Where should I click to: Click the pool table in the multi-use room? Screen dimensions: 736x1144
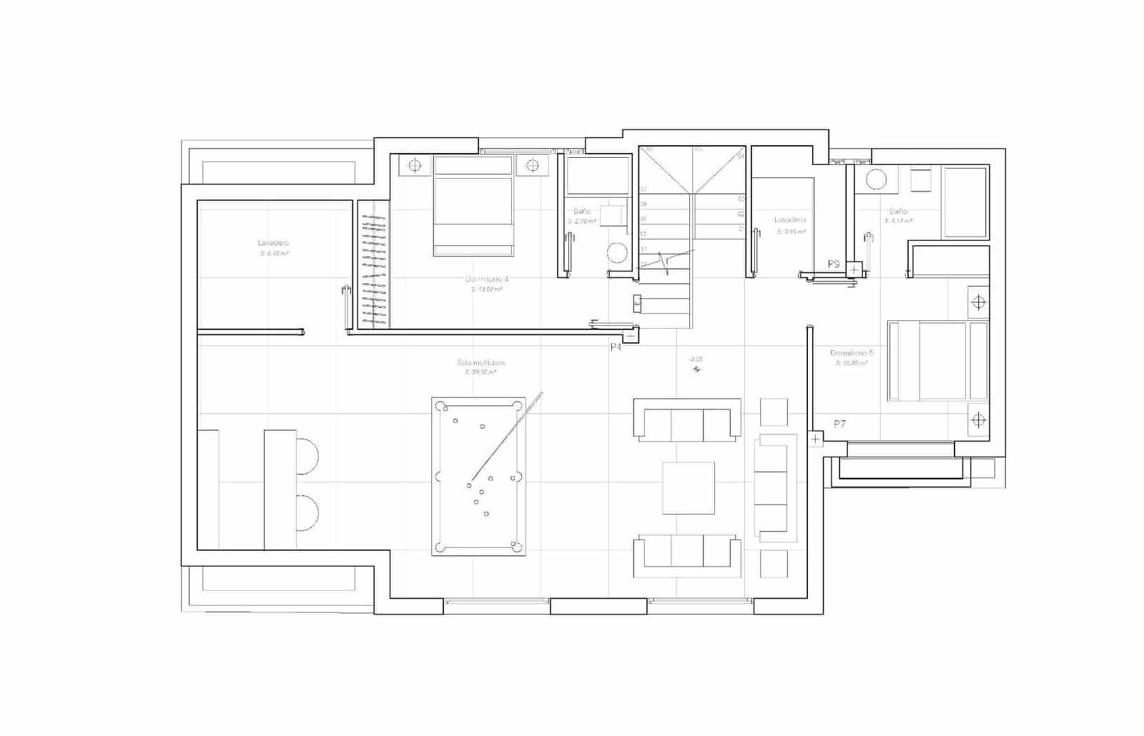pyautogui.click(x=478, y=476)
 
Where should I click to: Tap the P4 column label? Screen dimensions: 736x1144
pyautogui.click(x=616, y=347)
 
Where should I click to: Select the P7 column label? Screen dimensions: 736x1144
pyautogui.click(x=839, y=424)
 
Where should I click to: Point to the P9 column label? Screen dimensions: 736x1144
pyautogui.click(x=834, y=264)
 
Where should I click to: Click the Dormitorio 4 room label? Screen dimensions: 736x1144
pyautogui.click(x=486, y=279)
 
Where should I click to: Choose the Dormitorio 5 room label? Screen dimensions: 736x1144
pyautogui.click(x=852, y=353)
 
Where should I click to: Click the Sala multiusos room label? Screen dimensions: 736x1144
pyautogui.click(x=480, y=362)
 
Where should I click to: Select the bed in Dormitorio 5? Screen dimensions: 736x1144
pyautogui.click(x=938, y=361)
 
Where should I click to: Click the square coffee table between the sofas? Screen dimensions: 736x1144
pyautogui.click(x=688, y=488)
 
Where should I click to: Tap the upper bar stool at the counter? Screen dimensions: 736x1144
pyautogui.click(x=307, y=452)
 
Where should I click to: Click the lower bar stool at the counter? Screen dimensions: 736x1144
pyautogui.click(x=307, y=512)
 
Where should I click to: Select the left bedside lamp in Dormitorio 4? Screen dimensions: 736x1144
pyautogui.click(x=415, y=166)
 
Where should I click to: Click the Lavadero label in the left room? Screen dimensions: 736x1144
pyautogui.click(x=273, y=243)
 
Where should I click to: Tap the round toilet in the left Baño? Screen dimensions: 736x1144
pyautogui.click(x=617, y=253)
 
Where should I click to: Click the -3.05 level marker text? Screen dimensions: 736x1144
pyautogui.click(x=696, y=359)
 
